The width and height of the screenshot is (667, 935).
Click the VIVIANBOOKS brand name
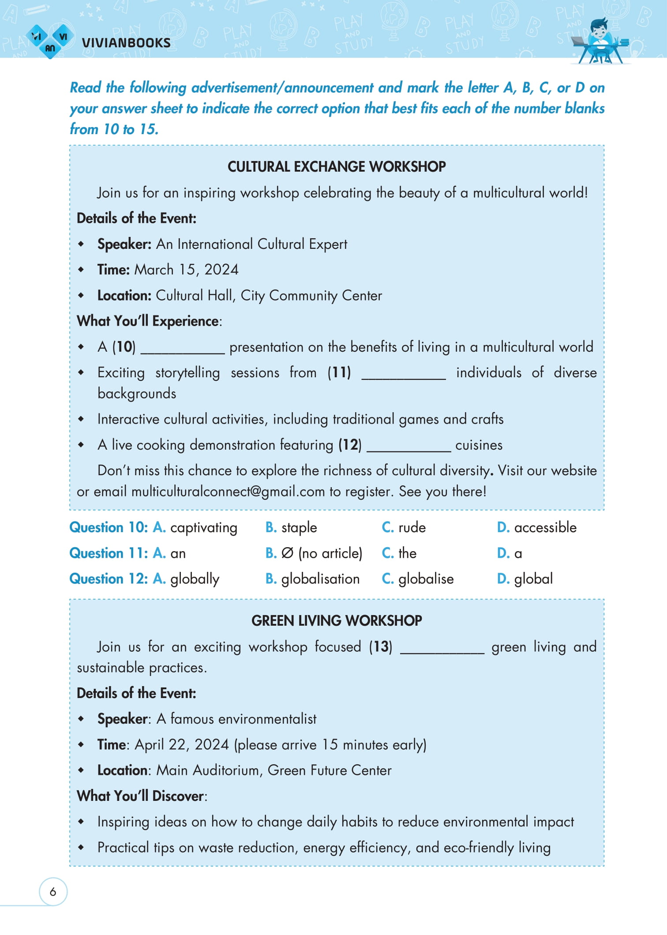click(x=126, y=43)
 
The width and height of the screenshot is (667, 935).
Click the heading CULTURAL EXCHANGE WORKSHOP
click(x=336, y=167)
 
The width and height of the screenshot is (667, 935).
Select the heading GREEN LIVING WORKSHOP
click(x=336, y=621)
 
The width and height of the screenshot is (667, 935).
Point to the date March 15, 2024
click(x=186, y=270)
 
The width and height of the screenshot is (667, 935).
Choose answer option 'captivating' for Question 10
click(x=203, y=528)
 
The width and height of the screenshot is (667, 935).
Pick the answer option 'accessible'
click(x=545, y=528)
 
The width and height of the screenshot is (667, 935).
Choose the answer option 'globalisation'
click(x=320, y=579)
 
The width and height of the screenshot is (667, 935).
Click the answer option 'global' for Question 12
click(x=533, y=579)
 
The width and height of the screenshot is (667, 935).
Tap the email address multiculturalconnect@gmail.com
click(x=228, y=492)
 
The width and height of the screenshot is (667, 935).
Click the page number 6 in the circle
click(x=53, y=892)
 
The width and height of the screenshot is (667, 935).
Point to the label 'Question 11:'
click(x=109, y=553)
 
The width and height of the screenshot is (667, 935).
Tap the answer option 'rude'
click(x=412, y=528)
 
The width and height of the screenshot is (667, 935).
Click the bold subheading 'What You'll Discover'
click(x=140, y=796)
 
